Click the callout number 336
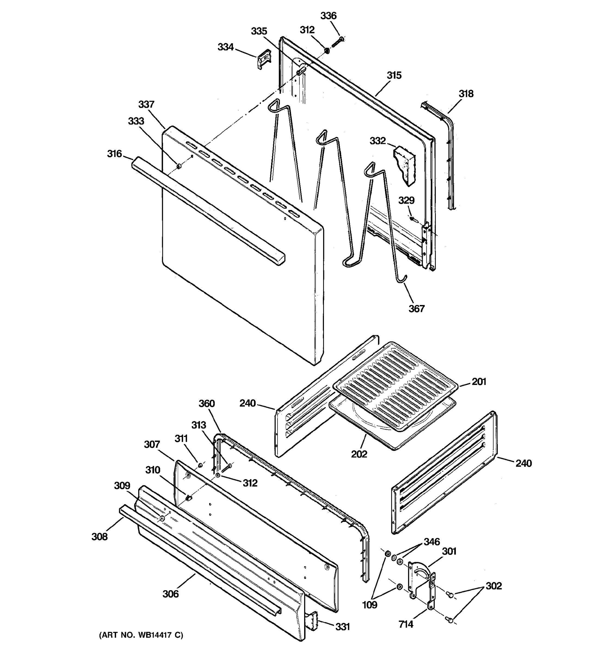[328, 16]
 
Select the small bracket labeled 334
[264, 59]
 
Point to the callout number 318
[466, 94]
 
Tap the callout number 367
[416, 309]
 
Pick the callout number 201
[479, 381]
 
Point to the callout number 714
[406, 624]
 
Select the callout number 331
[342, 627]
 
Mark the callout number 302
[494, 586]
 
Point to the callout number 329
[406, 200]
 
